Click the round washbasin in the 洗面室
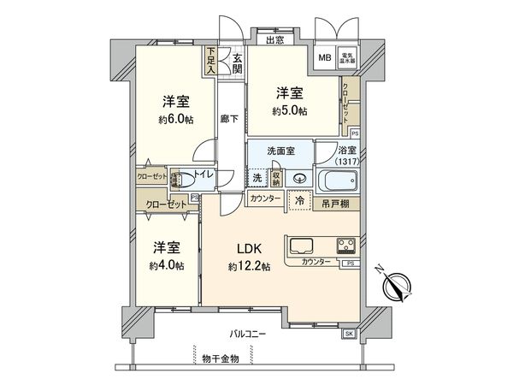(x=299, y=179)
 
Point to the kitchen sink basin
(x=306, y=246)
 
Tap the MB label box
(x=324, y=57)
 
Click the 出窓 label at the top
(x=274, y=39)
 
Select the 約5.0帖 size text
(x=291, y=112)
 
